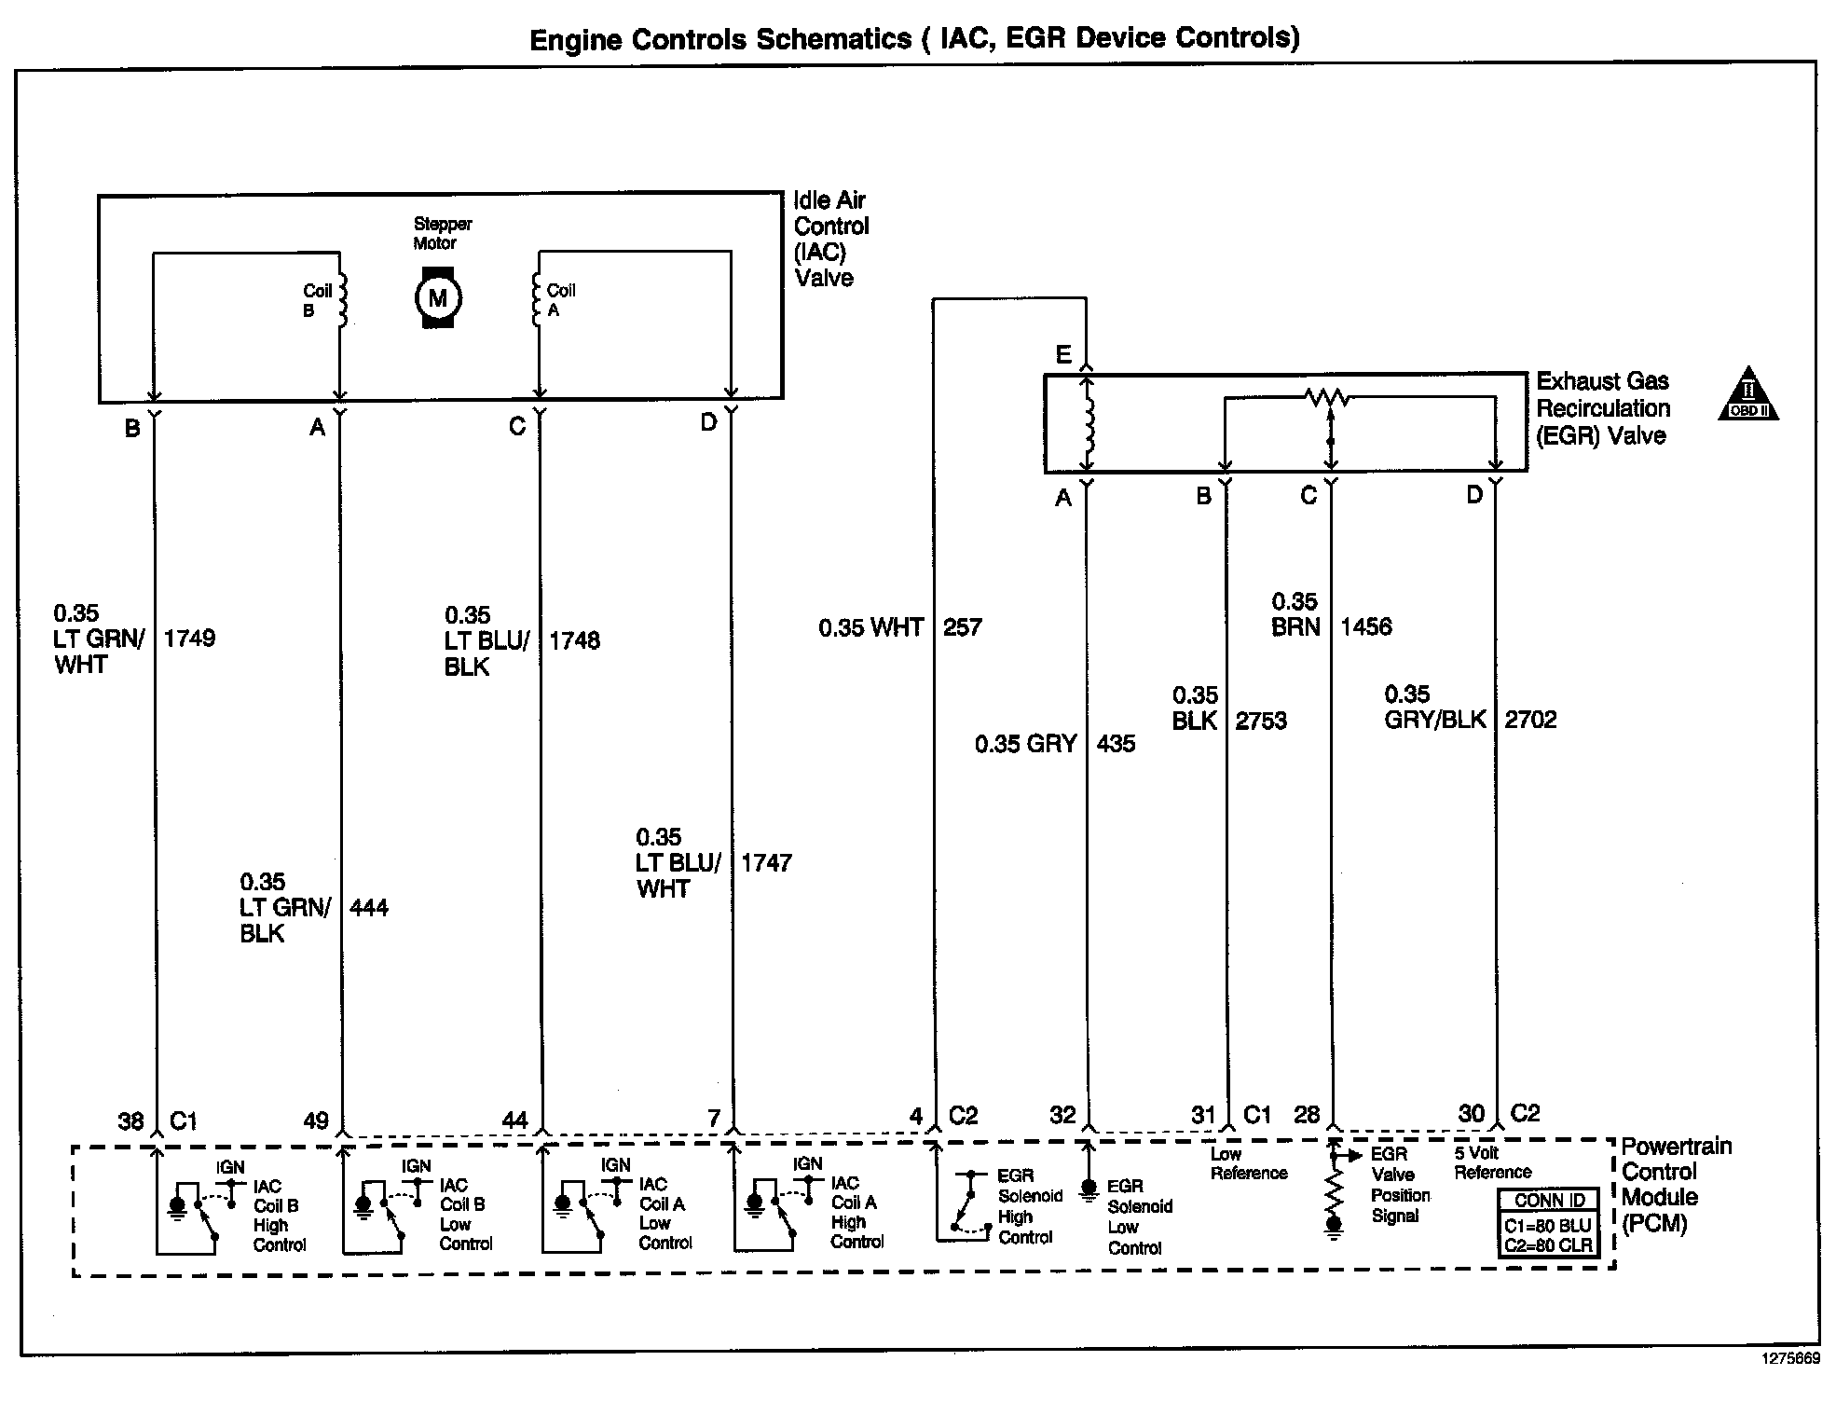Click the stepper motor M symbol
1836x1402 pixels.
[437, 298]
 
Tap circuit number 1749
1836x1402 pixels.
[189, 639]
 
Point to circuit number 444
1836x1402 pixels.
[369, 907]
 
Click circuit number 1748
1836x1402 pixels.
[574, 640]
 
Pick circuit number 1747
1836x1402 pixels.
[766, 862]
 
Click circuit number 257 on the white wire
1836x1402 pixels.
[962, 626]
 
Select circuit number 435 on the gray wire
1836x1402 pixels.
[1116, 743]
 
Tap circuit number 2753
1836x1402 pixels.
[1261, 721]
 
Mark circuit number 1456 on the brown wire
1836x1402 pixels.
[1365, 626]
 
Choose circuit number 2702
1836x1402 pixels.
[1530, 719]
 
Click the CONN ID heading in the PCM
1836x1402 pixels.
[1550, 1201]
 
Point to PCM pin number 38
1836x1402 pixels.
[130, 1120]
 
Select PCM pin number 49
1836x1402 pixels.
[316, 1120]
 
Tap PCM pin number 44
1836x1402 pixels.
[514, 1120]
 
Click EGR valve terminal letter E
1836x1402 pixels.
[1063, 355]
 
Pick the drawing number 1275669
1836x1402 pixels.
[1789, 1384]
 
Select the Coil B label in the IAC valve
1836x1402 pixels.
[316, 300]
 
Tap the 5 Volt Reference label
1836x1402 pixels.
[1492, 1162]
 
